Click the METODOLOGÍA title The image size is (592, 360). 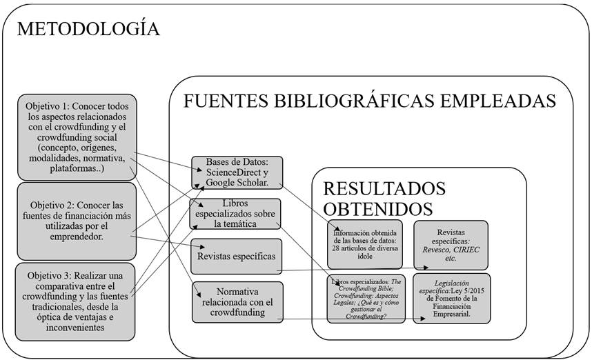(x=88, y=29)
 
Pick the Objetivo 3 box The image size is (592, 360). (x=77, y=301)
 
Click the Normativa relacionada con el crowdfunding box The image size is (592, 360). (x=237, y=301)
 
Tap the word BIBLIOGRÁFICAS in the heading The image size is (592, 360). (x=360, y=101)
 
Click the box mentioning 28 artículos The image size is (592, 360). (x=364, y=244)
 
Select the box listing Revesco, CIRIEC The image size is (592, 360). (x=451, y=244)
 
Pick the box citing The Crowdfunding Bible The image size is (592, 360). (x=364, y=299)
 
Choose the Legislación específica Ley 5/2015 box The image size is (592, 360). (x=452, y=299)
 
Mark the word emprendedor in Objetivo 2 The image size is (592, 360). (x=77, y=237)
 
